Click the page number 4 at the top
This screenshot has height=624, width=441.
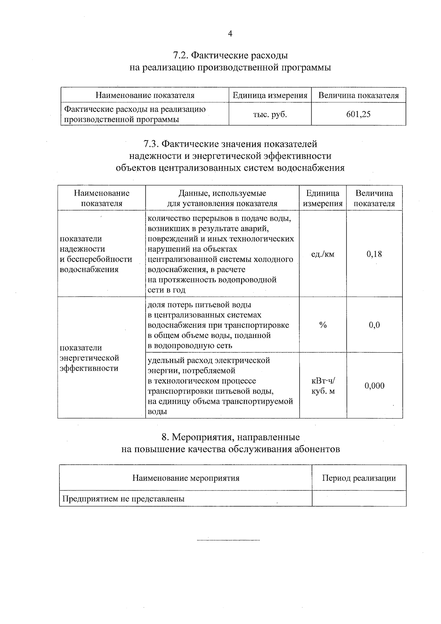(x=230, y=34)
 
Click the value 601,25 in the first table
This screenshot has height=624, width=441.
(x=358, y=114)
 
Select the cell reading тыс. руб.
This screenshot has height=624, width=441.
(x=270, y=114)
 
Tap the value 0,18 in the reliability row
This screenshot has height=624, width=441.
(x=374, y=254)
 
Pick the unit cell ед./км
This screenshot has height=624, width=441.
(x=323, y=254)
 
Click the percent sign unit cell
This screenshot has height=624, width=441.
(x=323, y=325)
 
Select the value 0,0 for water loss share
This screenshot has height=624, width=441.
(x=374, y=325)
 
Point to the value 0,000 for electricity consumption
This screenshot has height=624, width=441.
(x=374, y=386)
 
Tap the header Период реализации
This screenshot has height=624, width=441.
(x=359, y=478)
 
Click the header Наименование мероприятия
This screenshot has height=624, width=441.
(x=186, y=478)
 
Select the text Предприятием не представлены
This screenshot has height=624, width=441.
(x=123, y=499)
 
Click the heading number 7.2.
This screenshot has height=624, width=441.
(x=180, y=56)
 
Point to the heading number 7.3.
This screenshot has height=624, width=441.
(x=151, y=144)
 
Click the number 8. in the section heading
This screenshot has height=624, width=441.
(x=165, y=437)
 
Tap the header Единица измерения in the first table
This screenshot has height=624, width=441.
(x=270, y=96)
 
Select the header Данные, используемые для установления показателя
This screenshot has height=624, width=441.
(x=222, y=199)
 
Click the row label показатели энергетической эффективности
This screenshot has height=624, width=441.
(x=89, y=358)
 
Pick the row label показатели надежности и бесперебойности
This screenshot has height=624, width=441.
(x=96, y=254)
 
